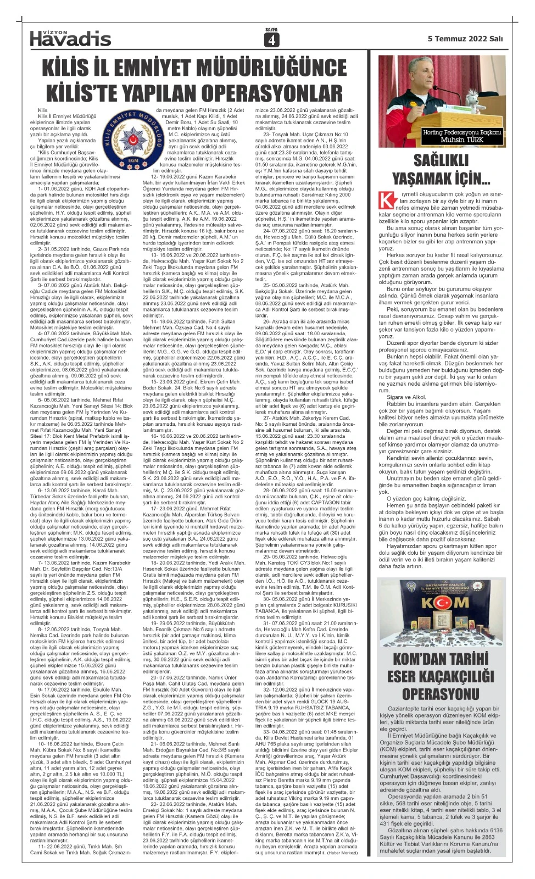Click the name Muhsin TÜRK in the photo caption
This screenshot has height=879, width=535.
[462, 140]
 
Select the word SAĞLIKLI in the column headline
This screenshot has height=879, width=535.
[441, 160]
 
